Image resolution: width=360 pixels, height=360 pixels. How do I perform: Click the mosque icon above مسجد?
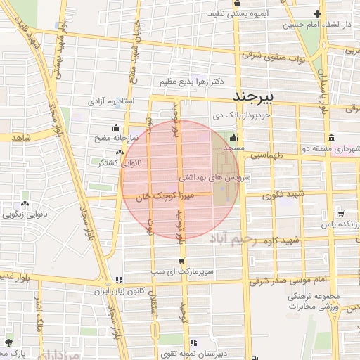[x=233, y=137]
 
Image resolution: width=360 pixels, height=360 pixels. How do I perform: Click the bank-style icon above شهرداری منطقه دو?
[x=330, y=137]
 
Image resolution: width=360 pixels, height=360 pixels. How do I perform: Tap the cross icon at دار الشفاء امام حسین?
[x=318, y=13]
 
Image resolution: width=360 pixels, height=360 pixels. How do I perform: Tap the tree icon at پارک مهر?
[x=8, y=342]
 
